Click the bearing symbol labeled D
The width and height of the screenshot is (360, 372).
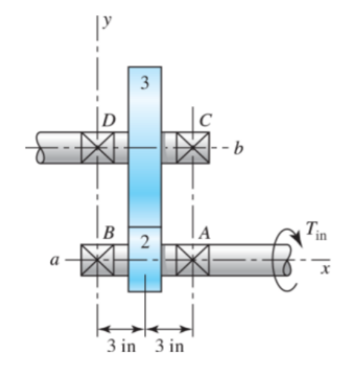pos(96,148)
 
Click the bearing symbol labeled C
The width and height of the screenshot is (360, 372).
pos(193,148)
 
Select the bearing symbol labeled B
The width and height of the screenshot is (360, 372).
pos(96,261)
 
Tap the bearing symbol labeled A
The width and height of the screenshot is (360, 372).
pos(193,261)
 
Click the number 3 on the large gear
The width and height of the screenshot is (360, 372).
pos(145,83)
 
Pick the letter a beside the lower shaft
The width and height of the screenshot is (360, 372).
pos(53,261)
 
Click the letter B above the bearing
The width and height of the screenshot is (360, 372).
pos(108,232)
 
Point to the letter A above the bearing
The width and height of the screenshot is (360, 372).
pos(204,232)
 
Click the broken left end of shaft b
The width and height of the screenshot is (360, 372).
pos(41,148)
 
